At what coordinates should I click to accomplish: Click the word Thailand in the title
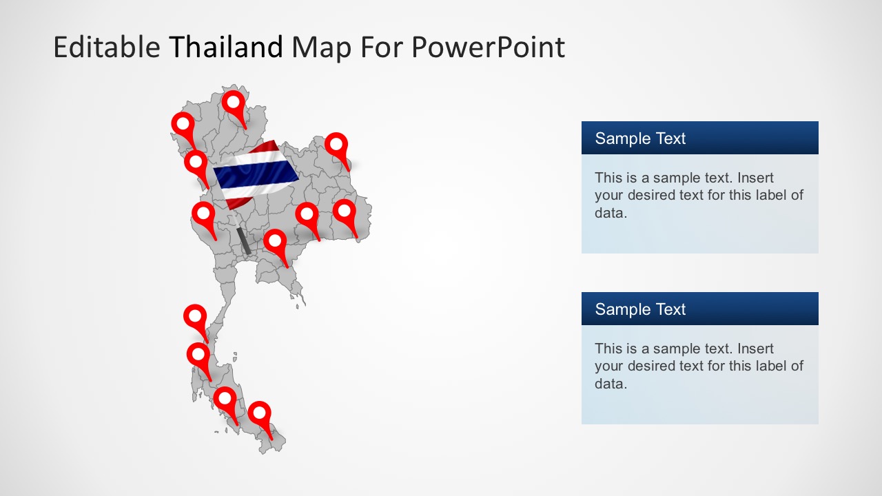point(226,47)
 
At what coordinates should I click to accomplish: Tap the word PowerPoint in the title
point(488,47)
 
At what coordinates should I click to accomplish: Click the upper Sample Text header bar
point(699,138)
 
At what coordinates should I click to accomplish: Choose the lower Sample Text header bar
point(699,309)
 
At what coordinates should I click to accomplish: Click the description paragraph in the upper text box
point(699,195)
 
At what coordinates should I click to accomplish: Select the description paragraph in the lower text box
point(699,366)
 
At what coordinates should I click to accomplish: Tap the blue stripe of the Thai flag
point(255,174)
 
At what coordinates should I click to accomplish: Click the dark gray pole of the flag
point(243,240)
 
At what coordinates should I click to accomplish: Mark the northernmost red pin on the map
point(234,104)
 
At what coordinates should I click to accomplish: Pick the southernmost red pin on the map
point(260,415)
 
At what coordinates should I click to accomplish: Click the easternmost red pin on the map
point(345,212)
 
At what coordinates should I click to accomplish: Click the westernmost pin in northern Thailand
point(183,125)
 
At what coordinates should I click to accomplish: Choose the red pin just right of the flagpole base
point(275,242)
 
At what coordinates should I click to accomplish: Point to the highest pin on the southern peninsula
point(195,318)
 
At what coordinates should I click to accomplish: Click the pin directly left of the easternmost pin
point(307,216)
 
